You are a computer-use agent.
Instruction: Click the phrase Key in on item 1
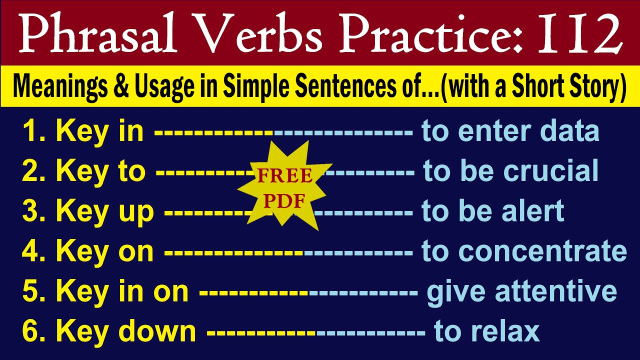coord(100,131)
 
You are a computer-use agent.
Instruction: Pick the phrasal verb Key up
coord(105,211)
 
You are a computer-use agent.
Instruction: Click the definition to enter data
coord(510,131)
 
